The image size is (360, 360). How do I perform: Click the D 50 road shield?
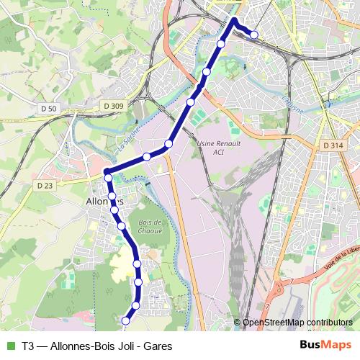pos(49,108)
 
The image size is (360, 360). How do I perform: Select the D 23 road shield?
pos(45,185)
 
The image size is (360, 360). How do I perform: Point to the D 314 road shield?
pos(332,145)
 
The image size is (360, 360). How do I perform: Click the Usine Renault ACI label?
pos(212,148)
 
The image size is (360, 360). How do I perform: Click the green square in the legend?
pos(9,346)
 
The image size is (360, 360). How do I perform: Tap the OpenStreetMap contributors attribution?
pos(297,323)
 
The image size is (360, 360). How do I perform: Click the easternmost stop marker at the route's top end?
pos(253,35)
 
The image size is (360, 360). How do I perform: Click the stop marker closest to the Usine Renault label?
pos(168,145)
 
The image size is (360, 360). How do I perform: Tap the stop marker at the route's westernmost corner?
pos(108,177)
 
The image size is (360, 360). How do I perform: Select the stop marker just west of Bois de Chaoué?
pos(122,226)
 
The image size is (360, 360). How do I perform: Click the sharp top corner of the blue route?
pos(234,19)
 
